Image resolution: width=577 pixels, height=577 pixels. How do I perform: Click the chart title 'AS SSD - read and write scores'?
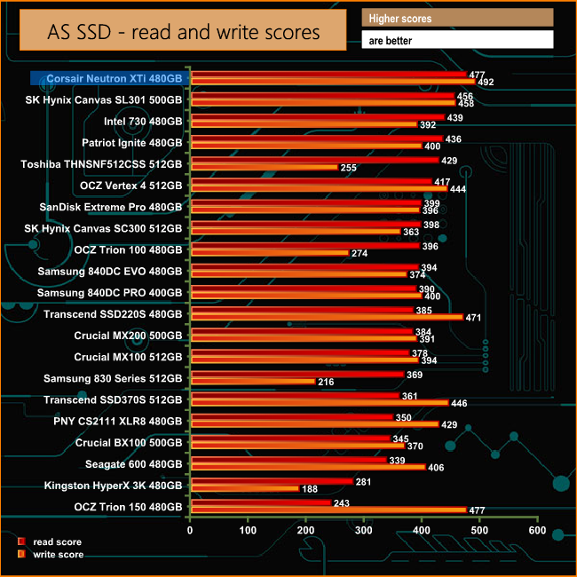pos(183,33)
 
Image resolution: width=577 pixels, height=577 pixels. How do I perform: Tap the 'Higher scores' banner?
pos(457,18)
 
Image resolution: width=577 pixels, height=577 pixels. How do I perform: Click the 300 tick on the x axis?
pos(363,530)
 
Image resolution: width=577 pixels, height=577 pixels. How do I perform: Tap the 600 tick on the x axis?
pos(536,530)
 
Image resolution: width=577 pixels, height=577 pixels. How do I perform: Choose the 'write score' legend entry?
pos(55,554)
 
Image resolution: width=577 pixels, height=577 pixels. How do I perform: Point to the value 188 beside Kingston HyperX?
pos(310,489)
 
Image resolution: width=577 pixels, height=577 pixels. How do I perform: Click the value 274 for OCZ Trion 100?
pos(360,253)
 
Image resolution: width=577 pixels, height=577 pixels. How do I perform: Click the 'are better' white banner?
pos(457,40)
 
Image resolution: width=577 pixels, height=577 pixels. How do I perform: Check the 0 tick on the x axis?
pos(190,530)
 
